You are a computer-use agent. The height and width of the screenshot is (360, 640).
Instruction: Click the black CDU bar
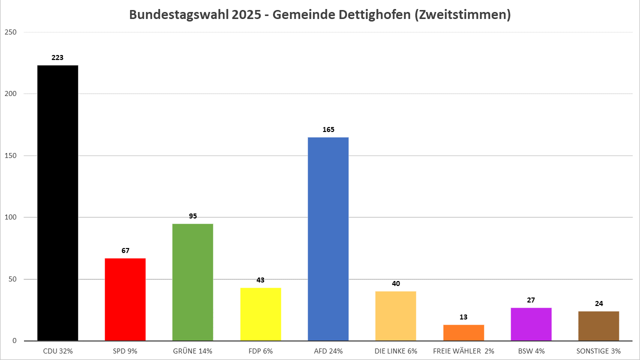[57, 202]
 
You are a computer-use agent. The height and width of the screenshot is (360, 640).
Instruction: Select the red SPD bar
[125, 299]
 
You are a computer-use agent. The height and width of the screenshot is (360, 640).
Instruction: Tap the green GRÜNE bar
[192, 282]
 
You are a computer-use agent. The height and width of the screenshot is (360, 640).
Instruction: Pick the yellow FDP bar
[260, 314]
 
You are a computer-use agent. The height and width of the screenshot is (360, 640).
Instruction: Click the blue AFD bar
[328, 238]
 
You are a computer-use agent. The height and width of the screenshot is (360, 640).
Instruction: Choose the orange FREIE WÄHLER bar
[463, 332]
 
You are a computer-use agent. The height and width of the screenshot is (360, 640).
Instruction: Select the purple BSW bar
[531, 324]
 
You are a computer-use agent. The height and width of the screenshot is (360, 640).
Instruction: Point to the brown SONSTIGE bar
[598, 325]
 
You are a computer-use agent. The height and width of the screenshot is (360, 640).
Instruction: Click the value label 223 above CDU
[57, 57]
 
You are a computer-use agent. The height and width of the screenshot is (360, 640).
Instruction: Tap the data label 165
[328, 129]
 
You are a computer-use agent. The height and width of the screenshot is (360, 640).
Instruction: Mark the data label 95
[192, 216]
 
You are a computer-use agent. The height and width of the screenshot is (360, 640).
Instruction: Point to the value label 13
[463, 317]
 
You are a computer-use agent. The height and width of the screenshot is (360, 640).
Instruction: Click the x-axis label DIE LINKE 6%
[395, 351]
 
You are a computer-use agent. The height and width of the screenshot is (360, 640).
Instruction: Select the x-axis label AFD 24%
[328, 351]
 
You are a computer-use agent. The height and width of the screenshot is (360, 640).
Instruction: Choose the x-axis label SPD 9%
[125, 351]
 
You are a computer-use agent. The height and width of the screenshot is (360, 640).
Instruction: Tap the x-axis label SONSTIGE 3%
[598, 351]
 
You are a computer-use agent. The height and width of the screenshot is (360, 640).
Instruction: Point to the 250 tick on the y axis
[11, 32]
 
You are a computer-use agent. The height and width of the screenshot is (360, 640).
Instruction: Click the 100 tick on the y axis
[11, 217]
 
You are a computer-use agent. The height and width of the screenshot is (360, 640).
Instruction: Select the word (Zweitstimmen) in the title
[462, 15]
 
